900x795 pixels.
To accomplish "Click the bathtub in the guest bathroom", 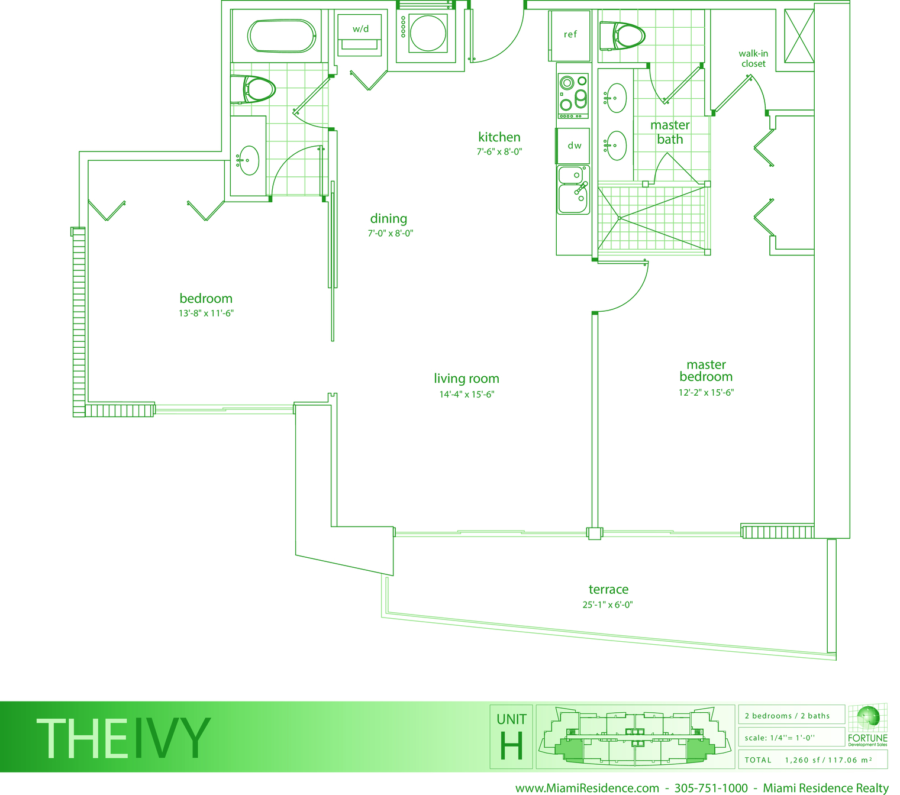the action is tap(281, 35).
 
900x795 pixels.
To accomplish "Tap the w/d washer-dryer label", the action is tap(360, 29).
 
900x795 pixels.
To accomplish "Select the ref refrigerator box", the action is tap(569, 35).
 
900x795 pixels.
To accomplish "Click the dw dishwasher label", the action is tap(574, 146).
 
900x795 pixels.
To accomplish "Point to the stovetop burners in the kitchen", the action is tap(573, 95).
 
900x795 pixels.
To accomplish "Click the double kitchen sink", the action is tap(573, 190).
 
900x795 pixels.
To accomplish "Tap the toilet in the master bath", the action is tap(622, 35).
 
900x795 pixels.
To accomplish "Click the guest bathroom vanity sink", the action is tap(248, 160).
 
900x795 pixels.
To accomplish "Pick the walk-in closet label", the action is tap(753, 59).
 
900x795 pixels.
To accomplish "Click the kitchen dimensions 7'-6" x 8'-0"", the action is tap(499, 152).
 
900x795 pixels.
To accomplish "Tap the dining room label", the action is tap(388, 218).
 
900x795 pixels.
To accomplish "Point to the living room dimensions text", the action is tap(466, 395).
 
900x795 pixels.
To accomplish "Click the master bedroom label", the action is tap(706, 370).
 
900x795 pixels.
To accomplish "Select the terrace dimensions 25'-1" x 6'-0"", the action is tap(607, 605).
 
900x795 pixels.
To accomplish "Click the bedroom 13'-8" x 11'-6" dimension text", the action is tap(206, 313).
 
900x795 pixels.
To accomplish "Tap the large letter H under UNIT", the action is tap(511, 746).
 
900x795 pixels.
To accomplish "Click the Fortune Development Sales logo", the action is tap(867, 726).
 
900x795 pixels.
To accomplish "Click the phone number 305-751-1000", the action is tap(711, 788).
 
